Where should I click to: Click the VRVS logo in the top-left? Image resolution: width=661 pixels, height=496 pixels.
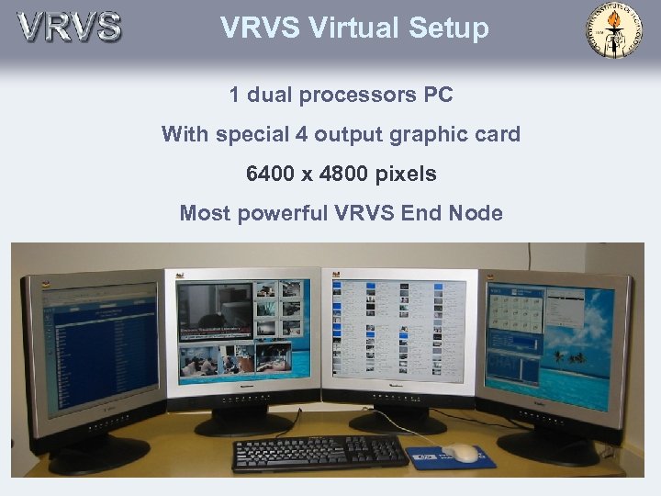69,27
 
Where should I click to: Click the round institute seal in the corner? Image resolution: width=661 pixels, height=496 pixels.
614,30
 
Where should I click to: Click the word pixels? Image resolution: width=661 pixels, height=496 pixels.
406,174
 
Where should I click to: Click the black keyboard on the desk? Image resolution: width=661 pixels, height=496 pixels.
319,452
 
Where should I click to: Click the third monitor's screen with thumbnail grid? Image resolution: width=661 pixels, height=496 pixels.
398,332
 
